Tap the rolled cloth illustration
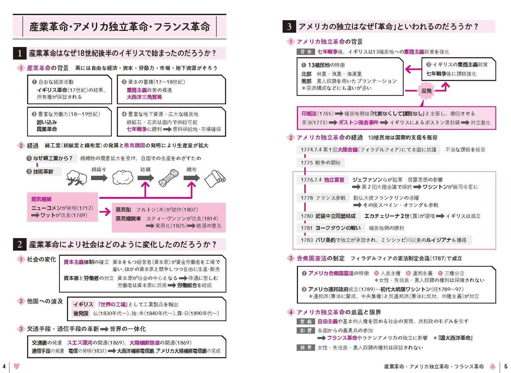coord(215,178)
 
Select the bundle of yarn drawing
coord(168,178)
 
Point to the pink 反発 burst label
coord(426,91)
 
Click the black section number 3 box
coord(289,27)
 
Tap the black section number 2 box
coord(20,245)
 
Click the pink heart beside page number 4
coord(17,366)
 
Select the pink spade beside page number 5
coord(492,367)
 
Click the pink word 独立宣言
coord(334,180)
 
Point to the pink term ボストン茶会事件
coord(358,122)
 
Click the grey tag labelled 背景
coord(306,52)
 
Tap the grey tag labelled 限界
coord(306,348)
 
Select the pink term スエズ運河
coord(80,343)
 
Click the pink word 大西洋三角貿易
coord(144,97)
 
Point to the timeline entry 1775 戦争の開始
coord(320,163)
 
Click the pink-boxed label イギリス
coord(83,304)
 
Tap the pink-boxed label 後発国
coord(81,313)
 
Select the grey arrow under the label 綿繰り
coord(99,178)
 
